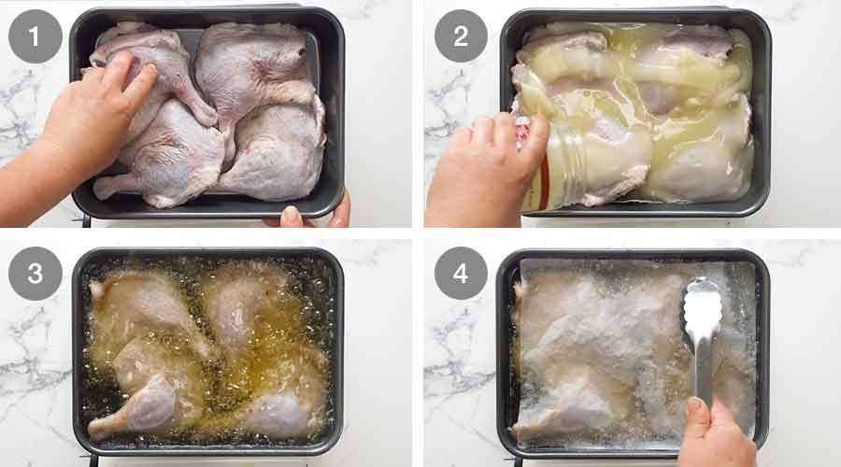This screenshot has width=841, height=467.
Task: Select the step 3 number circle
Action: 36,274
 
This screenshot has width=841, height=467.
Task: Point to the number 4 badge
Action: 460,274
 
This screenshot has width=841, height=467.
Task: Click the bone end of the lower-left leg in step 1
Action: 105,187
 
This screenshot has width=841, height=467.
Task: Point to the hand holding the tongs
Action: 715,434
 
